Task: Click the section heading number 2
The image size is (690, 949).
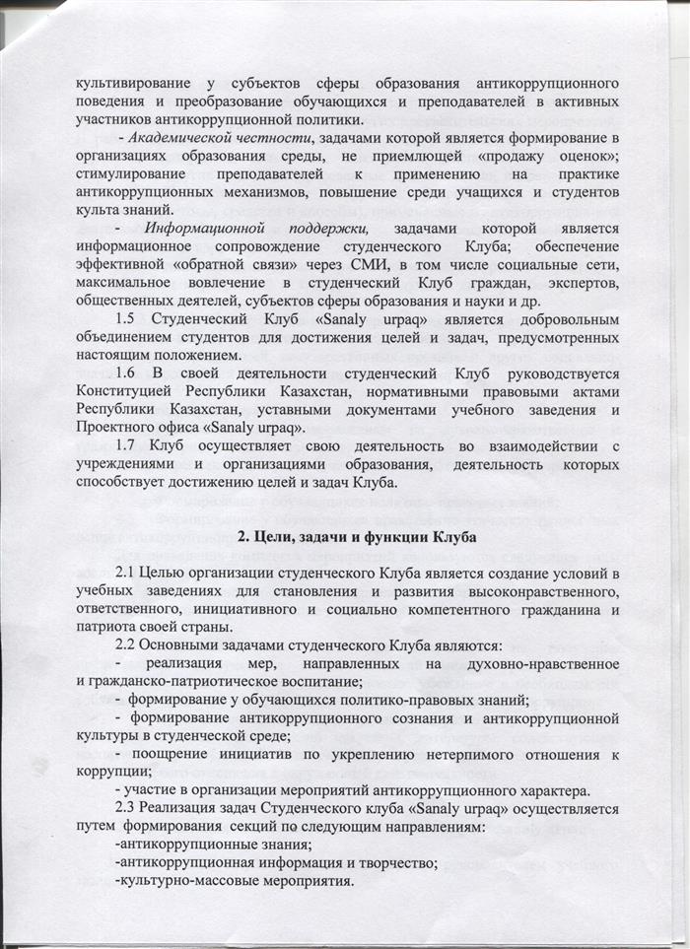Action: (246, 537)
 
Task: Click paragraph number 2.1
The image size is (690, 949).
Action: (128, 575)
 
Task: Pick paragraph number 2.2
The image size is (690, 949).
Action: (128, 645)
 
